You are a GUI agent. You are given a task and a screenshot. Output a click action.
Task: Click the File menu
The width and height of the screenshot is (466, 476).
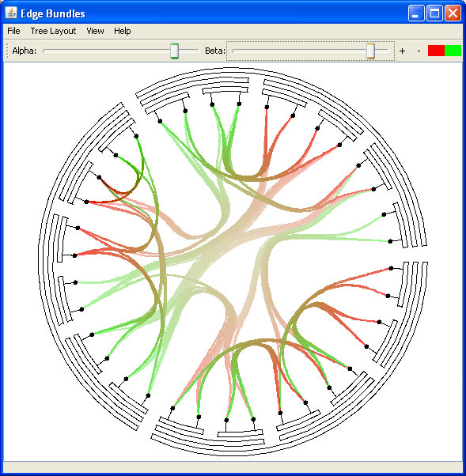click(13, 31)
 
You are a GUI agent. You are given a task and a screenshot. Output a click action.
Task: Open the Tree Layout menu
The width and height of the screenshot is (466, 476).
click(53, 31)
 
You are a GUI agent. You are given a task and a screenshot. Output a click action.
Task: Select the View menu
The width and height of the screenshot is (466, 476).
click(95, 31)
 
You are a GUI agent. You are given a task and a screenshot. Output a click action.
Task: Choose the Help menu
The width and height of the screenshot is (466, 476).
click(123, 31)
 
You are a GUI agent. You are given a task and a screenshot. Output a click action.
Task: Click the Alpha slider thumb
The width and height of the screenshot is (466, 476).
click(174, 51)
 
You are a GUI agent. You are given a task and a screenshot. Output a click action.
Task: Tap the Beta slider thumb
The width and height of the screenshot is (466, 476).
click(370, 51)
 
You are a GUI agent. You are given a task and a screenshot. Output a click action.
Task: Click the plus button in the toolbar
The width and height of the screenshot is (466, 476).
click(402, 51)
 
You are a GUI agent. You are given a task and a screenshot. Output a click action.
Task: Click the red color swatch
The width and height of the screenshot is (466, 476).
click(436, 51)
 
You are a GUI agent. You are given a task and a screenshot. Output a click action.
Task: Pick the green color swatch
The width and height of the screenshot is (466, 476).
click(453, 51)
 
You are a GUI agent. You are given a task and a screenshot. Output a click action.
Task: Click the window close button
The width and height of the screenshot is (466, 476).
click(453, 13)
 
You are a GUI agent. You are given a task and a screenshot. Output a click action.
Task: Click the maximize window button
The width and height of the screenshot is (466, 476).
click(434, 13)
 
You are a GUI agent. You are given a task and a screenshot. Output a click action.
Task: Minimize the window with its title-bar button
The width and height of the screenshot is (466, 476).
click(416, 13)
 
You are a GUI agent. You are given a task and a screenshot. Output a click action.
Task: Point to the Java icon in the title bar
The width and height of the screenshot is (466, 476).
click(11, 13)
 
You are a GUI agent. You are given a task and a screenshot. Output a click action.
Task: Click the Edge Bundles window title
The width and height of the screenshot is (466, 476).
click(53, 13)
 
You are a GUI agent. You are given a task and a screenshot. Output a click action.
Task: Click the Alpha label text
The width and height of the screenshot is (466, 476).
click(25, 51)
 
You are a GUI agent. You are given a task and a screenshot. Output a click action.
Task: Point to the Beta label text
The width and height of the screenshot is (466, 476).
click(215, 51)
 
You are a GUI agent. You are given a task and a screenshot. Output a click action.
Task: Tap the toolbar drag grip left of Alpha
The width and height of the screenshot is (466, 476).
click(7, 51)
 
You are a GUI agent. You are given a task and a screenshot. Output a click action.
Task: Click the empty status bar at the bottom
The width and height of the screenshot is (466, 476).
click(233, 467)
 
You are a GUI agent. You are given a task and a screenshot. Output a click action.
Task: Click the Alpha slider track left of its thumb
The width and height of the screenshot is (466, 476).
click(106, 51)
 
